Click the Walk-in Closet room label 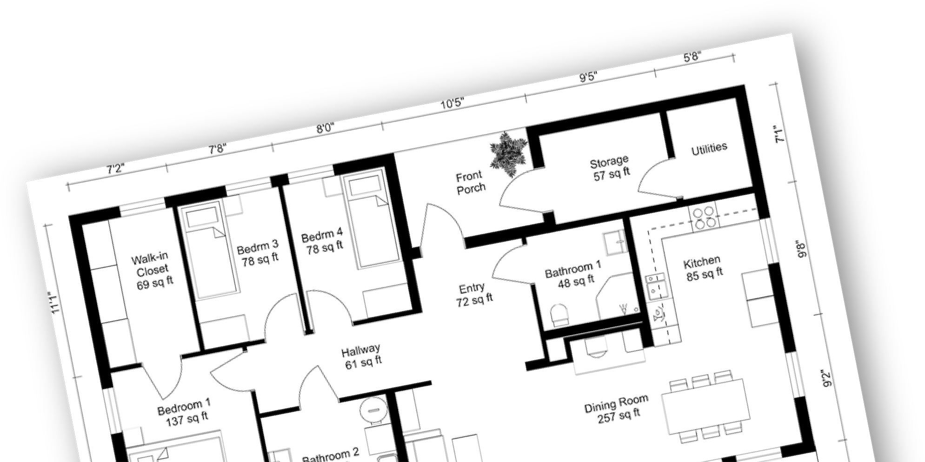point(153,271)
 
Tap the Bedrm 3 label point(259,252)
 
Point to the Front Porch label point(470,182)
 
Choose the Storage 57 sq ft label point(610,168)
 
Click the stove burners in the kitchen point(703,218)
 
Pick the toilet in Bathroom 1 point(559,315)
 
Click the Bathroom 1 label point(574,275)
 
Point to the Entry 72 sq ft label point(473,295)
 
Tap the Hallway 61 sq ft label point(362,356)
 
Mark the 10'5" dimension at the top point(453,103)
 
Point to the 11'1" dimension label point(55,303)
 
